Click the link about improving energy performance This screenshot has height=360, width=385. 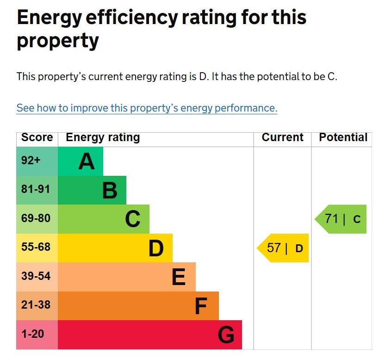pyautogui.click(x=147, y=108)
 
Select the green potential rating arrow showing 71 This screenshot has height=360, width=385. pyautogui.click(x=342, y=219)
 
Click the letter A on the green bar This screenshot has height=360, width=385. pyautogui.click(x=87, y=161)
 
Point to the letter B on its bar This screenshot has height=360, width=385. pyautogui.click(x=110, y=190)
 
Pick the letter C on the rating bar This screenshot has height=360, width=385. pyautogui.click(x=133, y=219)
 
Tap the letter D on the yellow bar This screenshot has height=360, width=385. pyautogui.click(x=156, y=248)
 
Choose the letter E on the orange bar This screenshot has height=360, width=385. pyautogui.click(x=179, y=277)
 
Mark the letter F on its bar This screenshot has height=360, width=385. pyautogui.click(x=200, y=306)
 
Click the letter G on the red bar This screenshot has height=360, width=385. pyautogui.click(x=226, y=335)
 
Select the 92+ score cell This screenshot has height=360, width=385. pyautogui.click(x=31, y=161)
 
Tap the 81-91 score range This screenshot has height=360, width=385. pyautogui.click(x=36, y=189)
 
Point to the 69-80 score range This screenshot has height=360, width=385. pyautogui.click(x=36, y=218)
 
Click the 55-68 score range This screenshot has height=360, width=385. pyautogui.click(x=36, y=247)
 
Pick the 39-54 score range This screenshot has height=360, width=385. pyautogui.click(x=36, y=276)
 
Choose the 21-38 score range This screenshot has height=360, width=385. pyautogui.click(x=36, y=304)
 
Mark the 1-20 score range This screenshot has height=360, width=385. pyautogui.click(x=32, y=333)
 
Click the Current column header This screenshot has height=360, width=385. pyautogui.click(x=282, y=137)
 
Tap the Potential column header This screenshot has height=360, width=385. pyautogui.click(x=343, y=137)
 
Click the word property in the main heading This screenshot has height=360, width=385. pyautogui.click(x=58, y=42)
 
